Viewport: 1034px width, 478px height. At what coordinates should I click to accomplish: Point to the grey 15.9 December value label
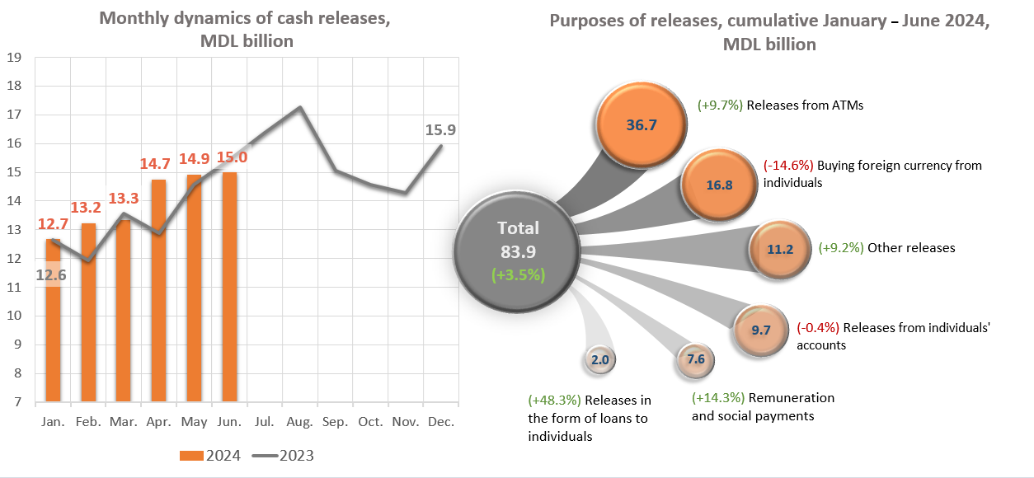point(440,129)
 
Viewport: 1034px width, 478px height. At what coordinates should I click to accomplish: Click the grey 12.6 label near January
point(50,275)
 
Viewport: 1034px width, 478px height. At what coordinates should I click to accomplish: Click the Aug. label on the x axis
point(300,422)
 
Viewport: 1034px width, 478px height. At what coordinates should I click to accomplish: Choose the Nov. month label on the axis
point(406,422)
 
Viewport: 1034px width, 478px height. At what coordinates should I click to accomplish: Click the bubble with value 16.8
point(719,185)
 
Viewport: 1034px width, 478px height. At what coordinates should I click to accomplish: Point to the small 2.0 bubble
point(599,359)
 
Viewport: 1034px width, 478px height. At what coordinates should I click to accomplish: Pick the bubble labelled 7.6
point(695,359)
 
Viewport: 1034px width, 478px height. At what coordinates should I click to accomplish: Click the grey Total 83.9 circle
point(519,251)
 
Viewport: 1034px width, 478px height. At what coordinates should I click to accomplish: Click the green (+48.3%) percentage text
point(553,401)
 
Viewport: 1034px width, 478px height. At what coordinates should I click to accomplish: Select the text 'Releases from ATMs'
point(804,105)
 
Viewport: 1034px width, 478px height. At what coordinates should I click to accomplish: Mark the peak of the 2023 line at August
point(299,107)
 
